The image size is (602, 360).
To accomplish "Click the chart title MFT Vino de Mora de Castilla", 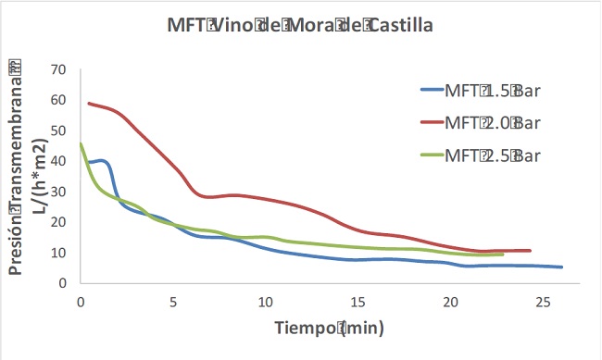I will pos(300,26).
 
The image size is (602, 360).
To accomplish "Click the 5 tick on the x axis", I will pos(173,302).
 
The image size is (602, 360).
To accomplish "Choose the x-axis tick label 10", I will pos(266,302).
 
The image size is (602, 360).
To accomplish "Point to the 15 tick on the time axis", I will pos(358,302).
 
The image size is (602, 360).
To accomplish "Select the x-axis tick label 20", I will pos(450,302).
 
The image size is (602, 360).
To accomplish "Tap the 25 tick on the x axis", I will pos(543,302).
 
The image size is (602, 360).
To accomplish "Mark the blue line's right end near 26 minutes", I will pos(561,267).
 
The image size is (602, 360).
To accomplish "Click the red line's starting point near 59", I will pos(89,103).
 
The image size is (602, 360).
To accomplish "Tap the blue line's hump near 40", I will pos(102,161).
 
